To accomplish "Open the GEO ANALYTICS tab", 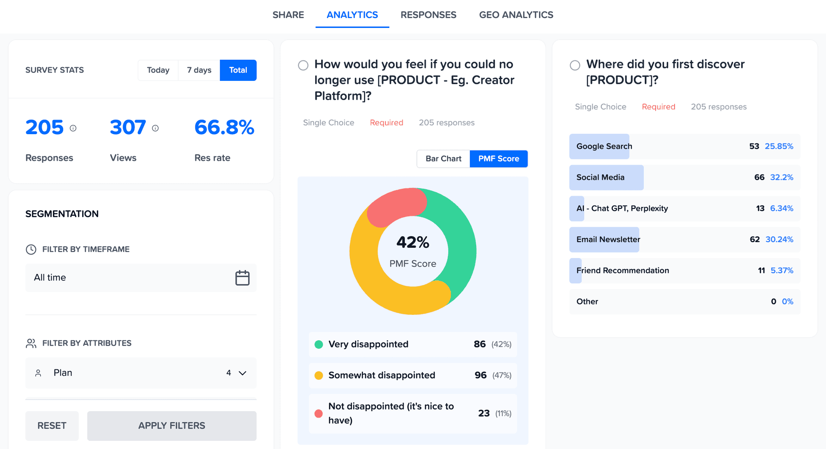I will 516,15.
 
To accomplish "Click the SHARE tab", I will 288,15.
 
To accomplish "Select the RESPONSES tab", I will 428,15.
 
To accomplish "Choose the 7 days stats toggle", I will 199,70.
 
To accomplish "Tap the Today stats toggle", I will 158,70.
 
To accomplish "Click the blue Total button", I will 238,70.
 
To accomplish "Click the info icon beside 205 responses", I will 73,128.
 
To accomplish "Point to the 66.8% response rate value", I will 224,127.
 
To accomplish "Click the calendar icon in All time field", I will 242,278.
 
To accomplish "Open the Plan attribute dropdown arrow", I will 243,373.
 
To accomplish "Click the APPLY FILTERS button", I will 172,425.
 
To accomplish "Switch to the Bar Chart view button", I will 443,159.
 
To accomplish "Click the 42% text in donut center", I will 413,243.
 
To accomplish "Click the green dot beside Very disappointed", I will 319,344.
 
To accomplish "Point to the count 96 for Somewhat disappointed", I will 480,375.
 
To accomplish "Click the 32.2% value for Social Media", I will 781,178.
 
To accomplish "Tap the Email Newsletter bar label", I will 608,240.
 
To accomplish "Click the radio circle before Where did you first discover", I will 575,65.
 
